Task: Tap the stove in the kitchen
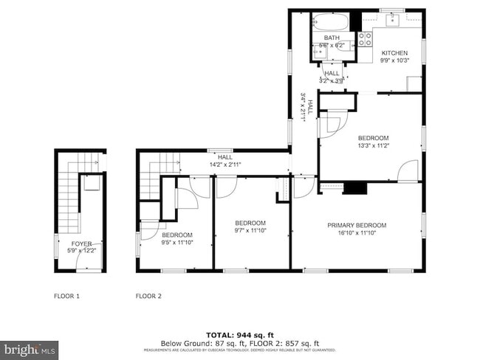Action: pos(365,39)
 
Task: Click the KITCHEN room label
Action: pos(394,53)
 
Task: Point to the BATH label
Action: pos(331,38)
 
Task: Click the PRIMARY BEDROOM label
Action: pos(357,226)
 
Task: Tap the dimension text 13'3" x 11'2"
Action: pos(372,146)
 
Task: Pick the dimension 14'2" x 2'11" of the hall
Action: pos(225,164)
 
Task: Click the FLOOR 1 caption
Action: pos(66,296)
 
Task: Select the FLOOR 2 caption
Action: pos(148,296)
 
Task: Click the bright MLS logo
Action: pos(30,347)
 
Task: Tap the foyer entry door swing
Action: pos(62,246)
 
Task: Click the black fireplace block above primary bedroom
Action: pos(356,188)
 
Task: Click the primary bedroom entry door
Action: pos(304,187)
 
